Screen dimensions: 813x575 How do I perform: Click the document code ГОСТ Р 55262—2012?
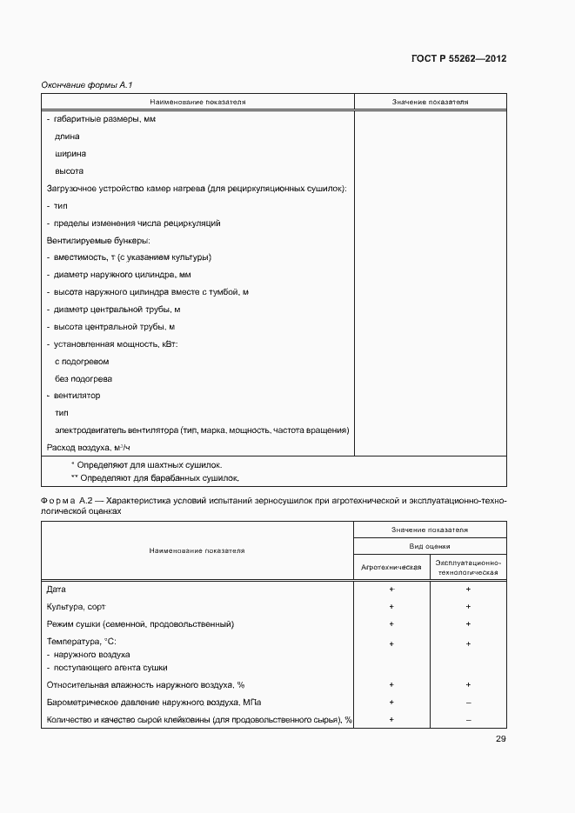(458, 59)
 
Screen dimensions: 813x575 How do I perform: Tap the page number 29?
(500, 739)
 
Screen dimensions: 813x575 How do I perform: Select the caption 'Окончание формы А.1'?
(86, 84)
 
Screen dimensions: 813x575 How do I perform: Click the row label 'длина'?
(67, 137)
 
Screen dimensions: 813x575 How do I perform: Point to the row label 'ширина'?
(70, 154)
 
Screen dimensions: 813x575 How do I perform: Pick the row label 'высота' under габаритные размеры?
(69, 171)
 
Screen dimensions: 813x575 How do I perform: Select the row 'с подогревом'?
(82, 362)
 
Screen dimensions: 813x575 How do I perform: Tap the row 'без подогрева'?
(84, 379)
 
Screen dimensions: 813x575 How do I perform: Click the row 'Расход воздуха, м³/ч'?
(86, 447)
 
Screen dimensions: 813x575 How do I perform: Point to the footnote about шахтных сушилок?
(146, 465)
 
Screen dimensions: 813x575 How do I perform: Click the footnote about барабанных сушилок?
(154, 477)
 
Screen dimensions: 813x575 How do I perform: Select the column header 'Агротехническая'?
(391, 567)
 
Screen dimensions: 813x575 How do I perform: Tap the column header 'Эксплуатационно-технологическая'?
(468, 568)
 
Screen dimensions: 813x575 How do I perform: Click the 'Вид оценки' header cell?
(430, 546)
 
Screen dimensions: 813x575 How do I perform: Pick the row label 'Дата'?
(56, 590)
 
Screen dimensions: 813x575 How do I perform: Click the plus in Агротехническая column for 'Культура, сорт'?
(391, 606)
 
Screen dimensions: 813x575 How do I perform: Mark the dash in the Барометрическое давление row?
(468, 702)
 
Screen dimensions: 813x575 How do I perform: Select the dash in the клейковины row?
(468, 719)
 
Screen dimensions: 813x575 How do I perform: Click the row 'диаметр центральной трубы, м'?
(117, 310)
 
